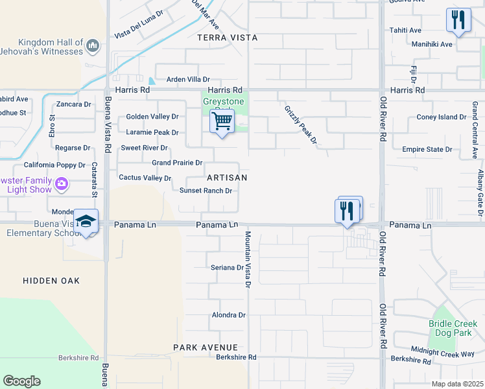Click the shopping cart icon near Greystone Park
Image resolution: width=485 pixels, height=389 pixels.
(222, 121)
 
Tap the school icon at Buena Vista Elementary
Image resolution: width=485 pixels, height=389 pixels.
(86, 222)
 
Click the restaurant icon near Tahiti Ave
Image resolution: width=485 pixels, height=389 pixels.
(459, 19)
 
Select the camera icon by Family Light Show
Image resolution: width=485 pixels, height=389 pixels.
(62, 183)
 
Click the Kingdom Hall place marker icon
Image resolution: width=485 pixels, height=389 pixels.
(93, 45)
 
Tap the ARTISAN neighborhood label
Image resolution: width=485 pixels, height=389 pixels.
(227, 177)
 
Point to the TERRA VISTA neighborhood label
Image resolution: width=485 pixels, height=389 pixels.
(227, 38)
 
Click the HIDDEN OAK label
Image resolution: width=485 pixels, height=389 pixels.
(51, 280)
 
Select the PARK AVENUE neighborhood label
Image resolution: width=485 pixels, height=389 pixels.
(206, 348)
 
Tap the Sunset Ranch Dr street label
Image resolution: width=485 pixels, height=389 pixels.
(206, 191)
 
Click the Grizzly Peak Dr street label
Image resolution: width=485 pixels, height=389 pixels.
(300, 124)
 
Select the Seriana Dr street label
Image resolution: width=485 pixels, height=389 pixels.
(227, 267)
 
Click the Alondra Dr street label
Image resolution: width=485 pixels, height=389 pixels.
(229, 315)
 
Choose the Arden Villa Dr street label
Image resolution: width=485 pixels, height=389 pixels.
(188, 79)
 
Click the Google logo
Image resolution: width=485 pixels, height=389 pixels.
(21, 381)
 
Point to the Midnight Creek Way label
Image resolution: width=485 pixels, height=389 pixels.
(452, 353)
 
